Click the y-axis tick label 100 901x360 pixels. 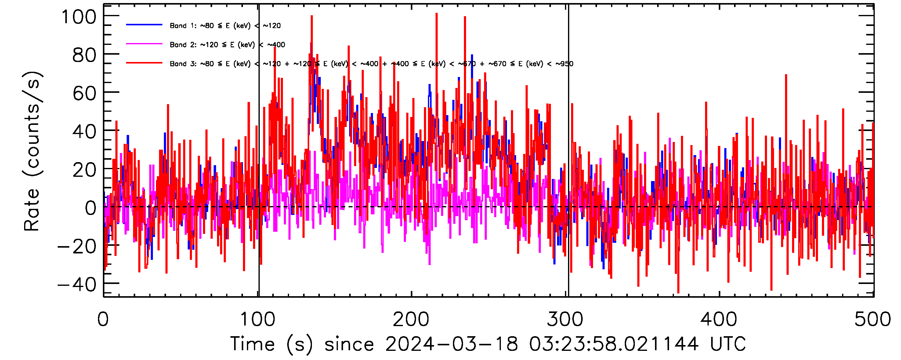click(x=79, y=17)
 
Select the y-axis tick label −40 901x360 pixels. click(x=77, y=285)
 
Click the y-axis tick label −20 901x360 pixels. click(x=77, y=246)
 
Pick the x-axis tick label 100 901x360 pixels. click(x=258, y=319)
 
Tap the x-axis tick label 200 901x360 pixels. click(x=411, y=319)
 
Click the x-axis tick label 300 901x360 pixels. click(x=565, y=319)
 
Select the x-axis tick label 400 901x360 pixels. click(x=719, y=319)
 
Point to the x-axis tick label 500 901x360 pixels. click(x=872, y=319)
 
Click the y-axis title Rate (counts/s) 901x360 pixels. click(x=32, y=151)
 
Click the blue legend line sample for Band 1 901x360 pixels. click(x=144, y=25)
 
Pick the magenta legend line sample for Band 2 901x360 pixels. click(x=144, y=44)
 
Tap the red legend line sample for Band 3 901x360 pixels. click(x=144, y=63)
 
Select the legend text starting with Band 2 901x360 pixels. click(x=227, y=45)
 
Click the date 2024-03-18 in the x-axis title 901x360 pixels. click(x=451, y=344)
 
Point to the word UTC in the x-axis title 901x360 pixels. click(x=728, y=344)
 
